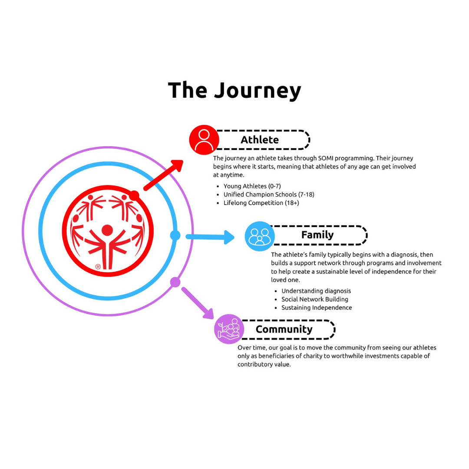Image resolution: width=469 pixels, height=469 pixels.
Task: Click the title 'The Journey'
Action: (x=234, y=90)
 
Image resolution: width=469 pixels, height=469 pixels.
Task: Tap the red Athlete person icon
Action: (x=204, y=140)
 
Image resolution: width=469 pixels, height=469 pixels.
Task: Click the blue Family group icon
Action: (x=260, y=236)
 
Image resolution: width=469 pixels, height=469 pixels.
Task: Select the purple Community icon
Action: (x=229, y=329)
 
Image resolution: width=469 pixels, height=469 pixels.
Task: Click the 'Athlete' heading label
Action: (x=260, y=139)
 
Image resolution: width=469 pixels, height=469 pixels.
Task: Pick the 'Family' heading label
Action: (x=317, y=235)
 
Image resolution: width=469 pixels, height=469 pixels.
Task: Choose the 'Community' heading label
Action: (x=284, y=329)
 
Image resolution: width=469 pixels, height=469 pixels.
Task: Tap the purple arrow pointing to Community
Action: (x=198, y=303)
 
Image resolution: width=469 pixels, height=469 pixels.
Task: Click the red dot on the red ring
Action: (x=134, y=196)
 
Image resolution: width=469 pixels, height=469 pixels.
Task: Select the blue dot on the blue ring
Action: (x=175, y=235)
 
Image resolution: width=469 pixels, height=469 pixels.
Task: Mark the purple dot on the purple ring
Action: (x=175, y=282)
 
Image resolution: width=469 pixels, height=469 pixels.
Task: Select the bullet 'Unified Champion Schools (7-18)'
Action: (x=268, y=195)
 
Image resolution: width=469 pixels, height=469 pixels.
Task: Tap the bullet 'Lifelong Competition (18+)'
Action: (x=261, y=203)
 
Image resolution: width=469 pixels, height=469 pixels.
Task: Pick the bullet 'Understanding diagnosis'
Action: (x=316, y=291)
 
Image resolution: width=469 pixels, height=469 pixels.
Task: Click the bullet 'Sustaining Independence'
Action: (x=317, y=307)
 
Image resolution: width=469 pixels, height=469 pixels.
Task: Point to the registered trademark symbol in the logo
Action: (x=98, y=267)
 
